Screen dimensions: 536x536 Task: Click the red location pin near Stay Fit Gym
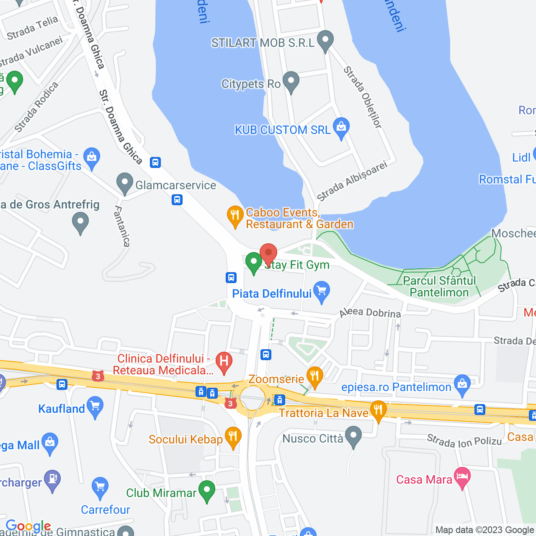(x=268, y=253)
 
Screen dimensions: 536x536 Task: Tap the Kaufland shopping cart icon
(x=95, y=407)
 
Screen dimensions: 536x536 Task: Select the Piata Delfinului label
(x=272, y=294)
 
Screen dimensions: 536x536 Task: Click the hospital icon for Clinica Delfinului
(x=224, y=361)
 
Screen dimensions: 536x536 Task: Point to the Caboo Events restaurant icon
(x=235, y=216)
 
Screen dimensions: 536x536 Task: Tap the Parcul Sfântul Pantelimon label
(x=439, y=286)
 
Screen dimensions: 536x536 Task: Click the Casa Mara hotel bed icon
(x=462, y=477)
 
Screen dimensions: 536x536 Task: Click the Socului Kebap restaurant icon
(x=233, y=437)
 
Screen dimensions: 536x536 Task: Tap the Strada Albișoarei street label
(x=352, y=181)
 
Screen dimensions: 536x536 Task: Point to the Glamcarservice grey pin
(x=124, y=183)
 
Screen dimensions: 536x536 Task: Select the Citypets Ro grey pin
(x=291, y=82)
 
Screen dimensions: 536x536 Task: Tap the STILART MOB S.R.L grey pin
(x=325, y=41)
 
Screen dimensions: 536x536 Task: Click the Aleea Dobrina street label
(x=370, y=312)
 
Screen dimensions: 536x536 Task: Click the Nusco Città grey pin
(x=354, y=436)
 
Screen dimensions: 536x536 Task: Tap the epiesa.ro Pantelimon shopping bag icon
(x=462, y=385)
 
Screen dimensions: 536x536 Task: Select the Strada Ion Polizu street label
(x=464, y=441)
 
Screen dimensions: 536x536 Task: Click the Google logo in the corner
(x=28, y=526)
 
